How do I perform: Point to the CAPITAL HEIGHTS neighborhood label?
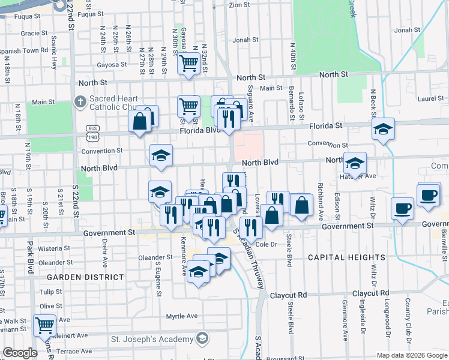point(337,257)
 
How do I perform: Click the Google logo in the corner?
point(20,353)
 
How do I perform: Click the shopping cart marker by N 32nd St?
point(188,62)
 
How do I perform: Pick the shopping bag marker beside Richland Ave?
point(301,205)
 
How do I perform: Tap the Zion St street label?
point(239,5)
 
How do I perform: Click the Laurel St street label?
point(430,98)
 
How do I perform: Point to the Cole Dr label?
point(265,244)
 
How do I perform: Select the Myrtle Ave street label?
point(182,316)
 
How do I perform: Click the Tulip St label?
point(50,292)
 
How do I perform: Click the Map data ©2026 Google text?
point(412,355)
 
